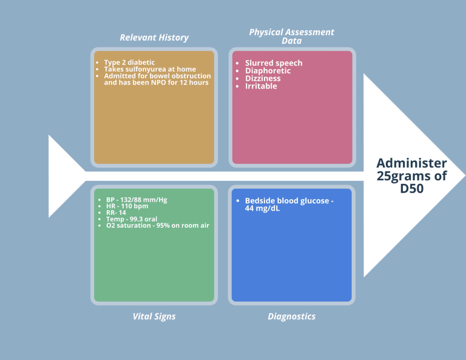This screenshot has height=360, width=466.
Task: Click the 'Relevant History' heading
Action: pos(154,38)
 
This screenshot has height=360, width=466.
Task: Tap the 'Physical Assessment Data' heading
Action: pos(292,36)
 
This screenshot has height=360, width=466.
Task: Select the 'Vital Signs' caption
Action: pos(154,316)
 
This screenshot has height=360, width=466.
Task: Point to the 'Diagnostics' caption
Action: pos(292,316)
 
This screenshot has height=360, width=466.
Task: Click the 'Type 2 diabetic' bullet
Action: pos(129,62)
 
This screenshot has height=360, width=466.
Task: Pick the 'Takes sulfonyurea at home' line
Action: pos(150,69)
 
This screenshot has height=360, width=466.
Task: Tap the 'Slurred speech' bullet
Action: pos(274,63)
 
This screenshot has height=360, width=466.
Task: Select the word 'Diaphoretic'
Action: pos(268,71)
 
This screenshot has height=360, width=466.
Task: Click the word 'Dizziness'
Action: pos(263,78)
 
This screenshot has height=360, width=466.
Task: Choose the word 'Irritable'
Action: pos(261,86)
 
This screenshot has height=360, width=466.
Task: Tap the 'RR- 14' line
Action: pos(116,212)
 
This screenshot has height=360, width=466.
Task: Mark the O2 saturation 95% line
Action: pos(157,226)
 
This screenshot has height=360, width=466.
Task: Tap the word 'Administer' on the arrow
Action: pos(412,163)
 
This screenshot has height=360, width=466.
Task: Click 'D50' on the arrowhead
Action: pos(412,189)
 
